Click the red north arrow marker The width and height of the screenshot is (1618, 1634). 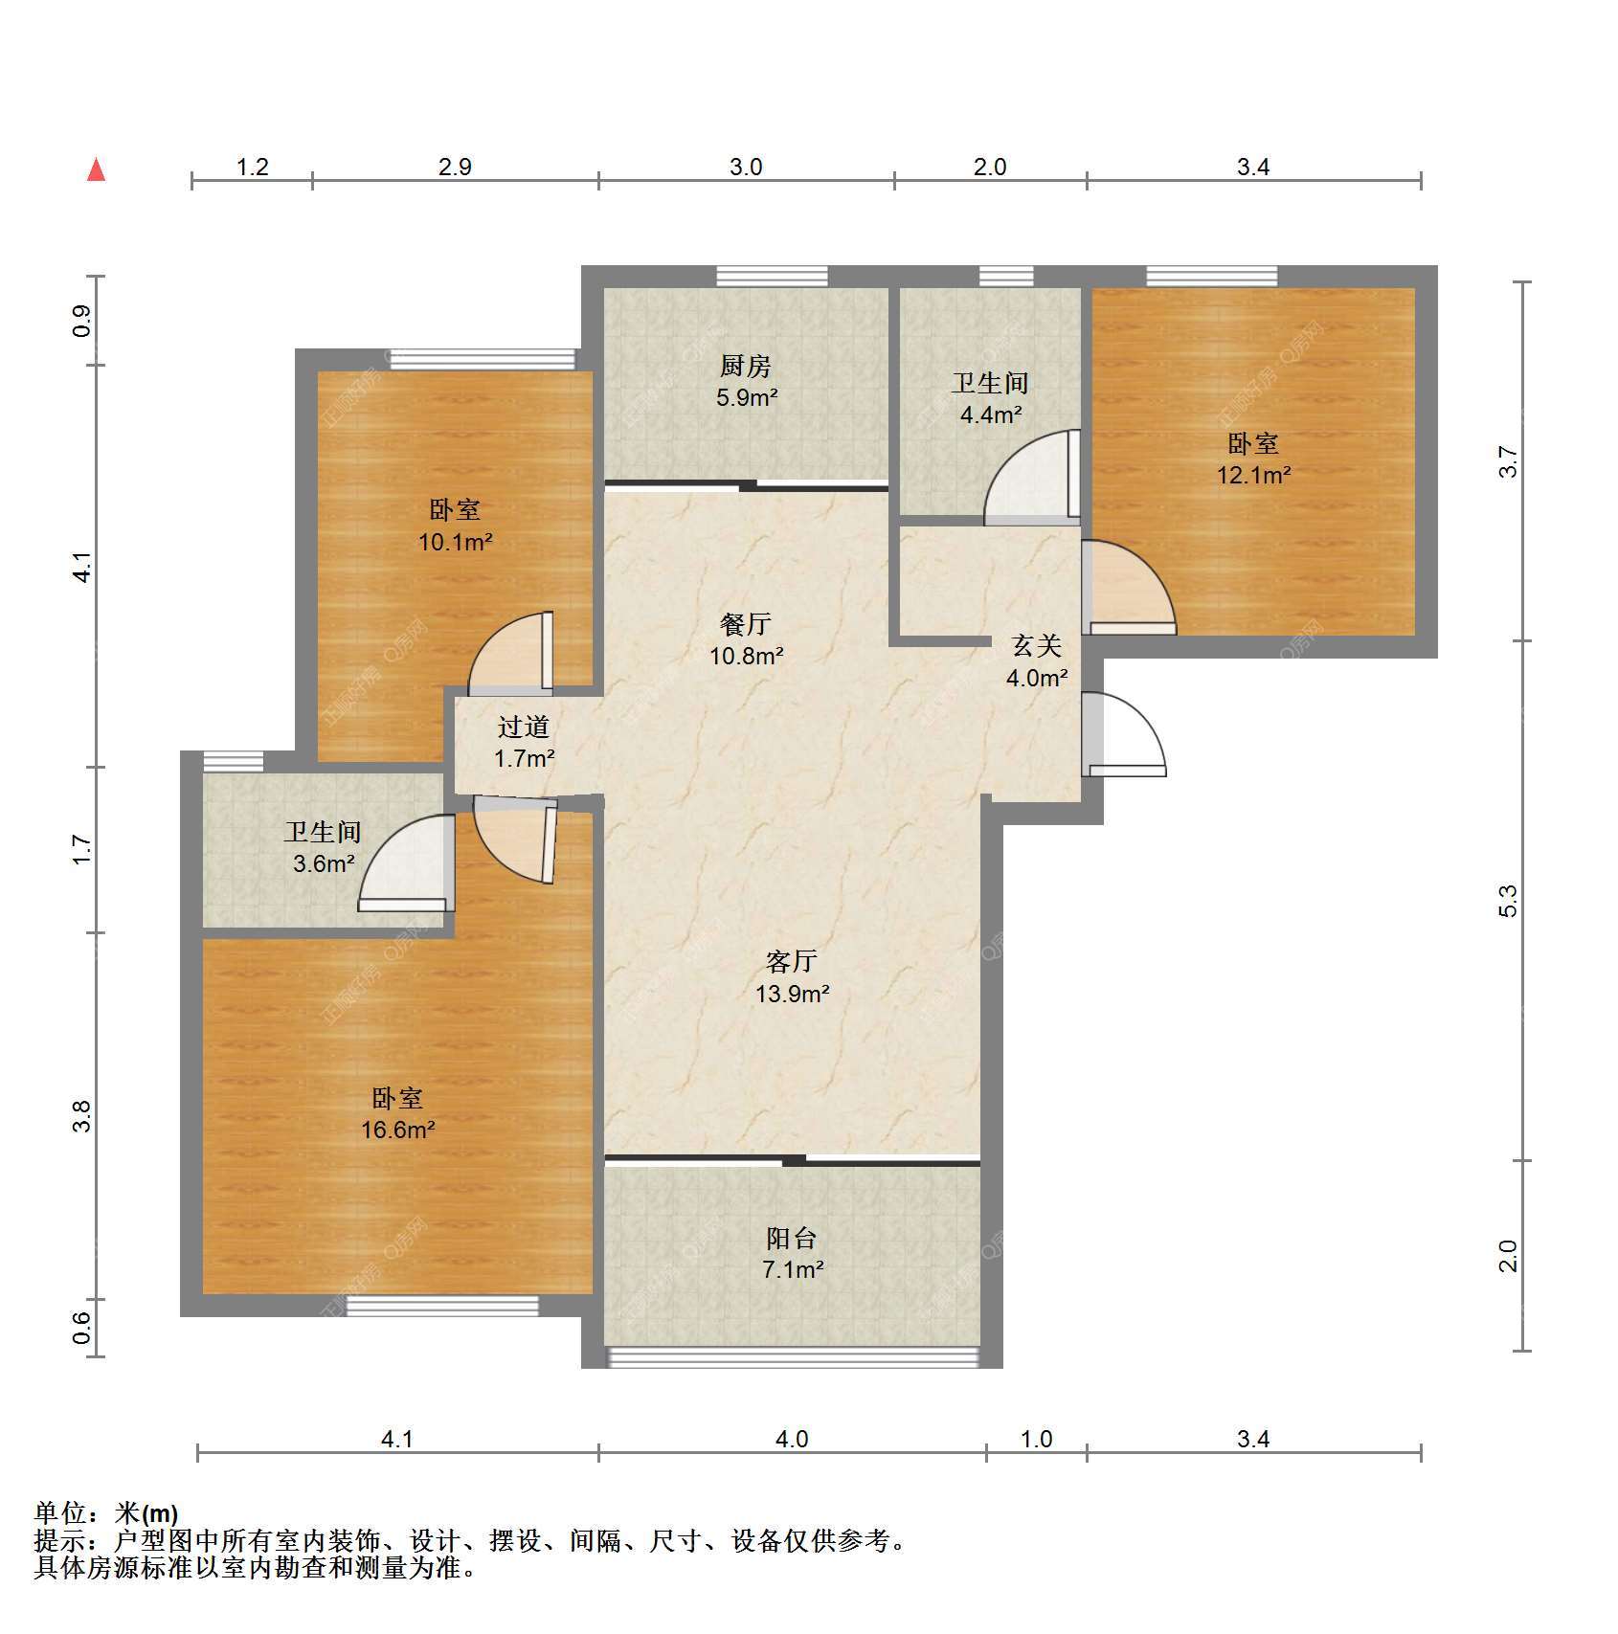pos(96,169)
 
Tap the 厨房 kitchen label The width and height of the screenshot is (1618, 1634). pos(745,366)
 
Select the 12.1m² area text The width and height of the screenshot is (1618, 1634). pos(1253,475)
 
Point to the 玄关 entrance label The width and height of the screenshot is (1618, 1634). pos(1037,646)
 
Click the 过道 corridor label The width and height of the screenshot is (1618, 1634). pos(524,727)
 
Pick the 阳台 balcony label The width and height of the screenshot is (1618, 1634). pos(792,1239)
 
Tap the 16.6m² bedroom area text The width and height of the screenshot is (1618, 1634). pos(398,1130)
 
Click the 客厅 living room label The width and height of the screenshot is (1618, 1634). pos(792,961)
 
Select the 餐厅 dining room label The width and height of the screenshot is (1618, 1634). pos(746,624)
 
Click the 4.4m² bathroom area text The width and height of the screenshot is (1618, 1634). pos(991,414)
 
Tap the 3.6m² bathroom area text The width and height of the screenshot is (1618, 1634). pos(324,863)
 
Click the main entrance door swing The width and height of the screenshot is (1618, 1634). pos(1124,735)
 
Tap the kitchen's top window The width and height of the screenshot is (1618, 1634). pos(773,276)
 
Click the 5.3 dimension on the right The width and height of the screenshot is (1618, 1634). pos(1508,901)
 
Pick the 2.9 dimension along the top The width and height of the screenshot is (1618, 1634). pos(455,167)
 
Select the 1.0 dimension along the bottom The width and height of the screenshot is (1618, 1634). pos(1036,1439)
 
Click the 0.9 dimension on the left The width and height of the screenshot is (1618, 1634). pos(81,321)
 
